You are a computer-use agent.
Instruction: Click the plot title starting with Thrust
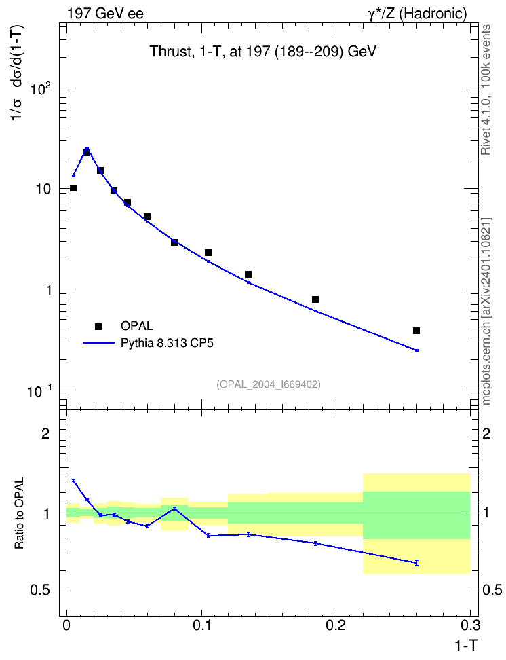pos(263,52)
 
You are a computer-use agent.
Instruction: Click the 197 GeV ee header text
pos(105,14)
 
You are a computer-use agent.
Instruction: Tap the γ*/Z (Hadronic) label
pos(417,14)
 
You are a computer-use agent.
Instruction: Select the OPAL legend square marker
pos(98,326)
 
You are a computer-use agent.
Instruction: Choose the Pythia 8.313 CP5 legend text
pos(167,343)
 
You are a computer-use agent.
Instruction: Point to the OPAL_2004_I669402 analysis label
pos(269,384)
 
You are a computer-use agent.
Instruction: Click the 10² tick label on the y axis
pos(41,89)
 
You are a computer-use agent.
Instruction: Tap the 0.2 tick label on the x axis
pos(336,625)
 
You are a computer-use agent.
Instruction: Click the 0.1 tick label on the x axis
pos(202,625)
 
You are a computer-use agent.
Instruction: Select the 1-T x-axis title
pos(466,646)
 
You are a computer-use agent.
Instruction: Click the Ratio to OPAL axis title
pos(19,513)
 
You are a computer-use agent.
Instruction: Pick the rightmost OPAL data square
pos(416,331)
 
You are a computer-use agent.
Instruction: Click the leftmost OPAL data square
pos(73,188)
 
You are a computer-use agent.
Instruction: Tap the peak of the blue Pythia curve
pos(87,148)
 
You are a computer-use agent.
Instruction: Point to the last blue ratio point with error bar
pos(416,563)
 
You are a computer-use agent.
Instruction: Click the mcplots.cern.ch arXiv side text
pos(486,311)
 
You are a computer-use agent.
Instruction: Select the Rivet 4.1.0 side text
pos(486,90)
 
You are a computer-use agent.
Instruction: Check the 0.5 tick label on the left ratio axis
pos(40,591)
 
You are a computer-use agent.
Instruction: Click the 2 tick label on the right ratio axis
pos(486,433)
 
